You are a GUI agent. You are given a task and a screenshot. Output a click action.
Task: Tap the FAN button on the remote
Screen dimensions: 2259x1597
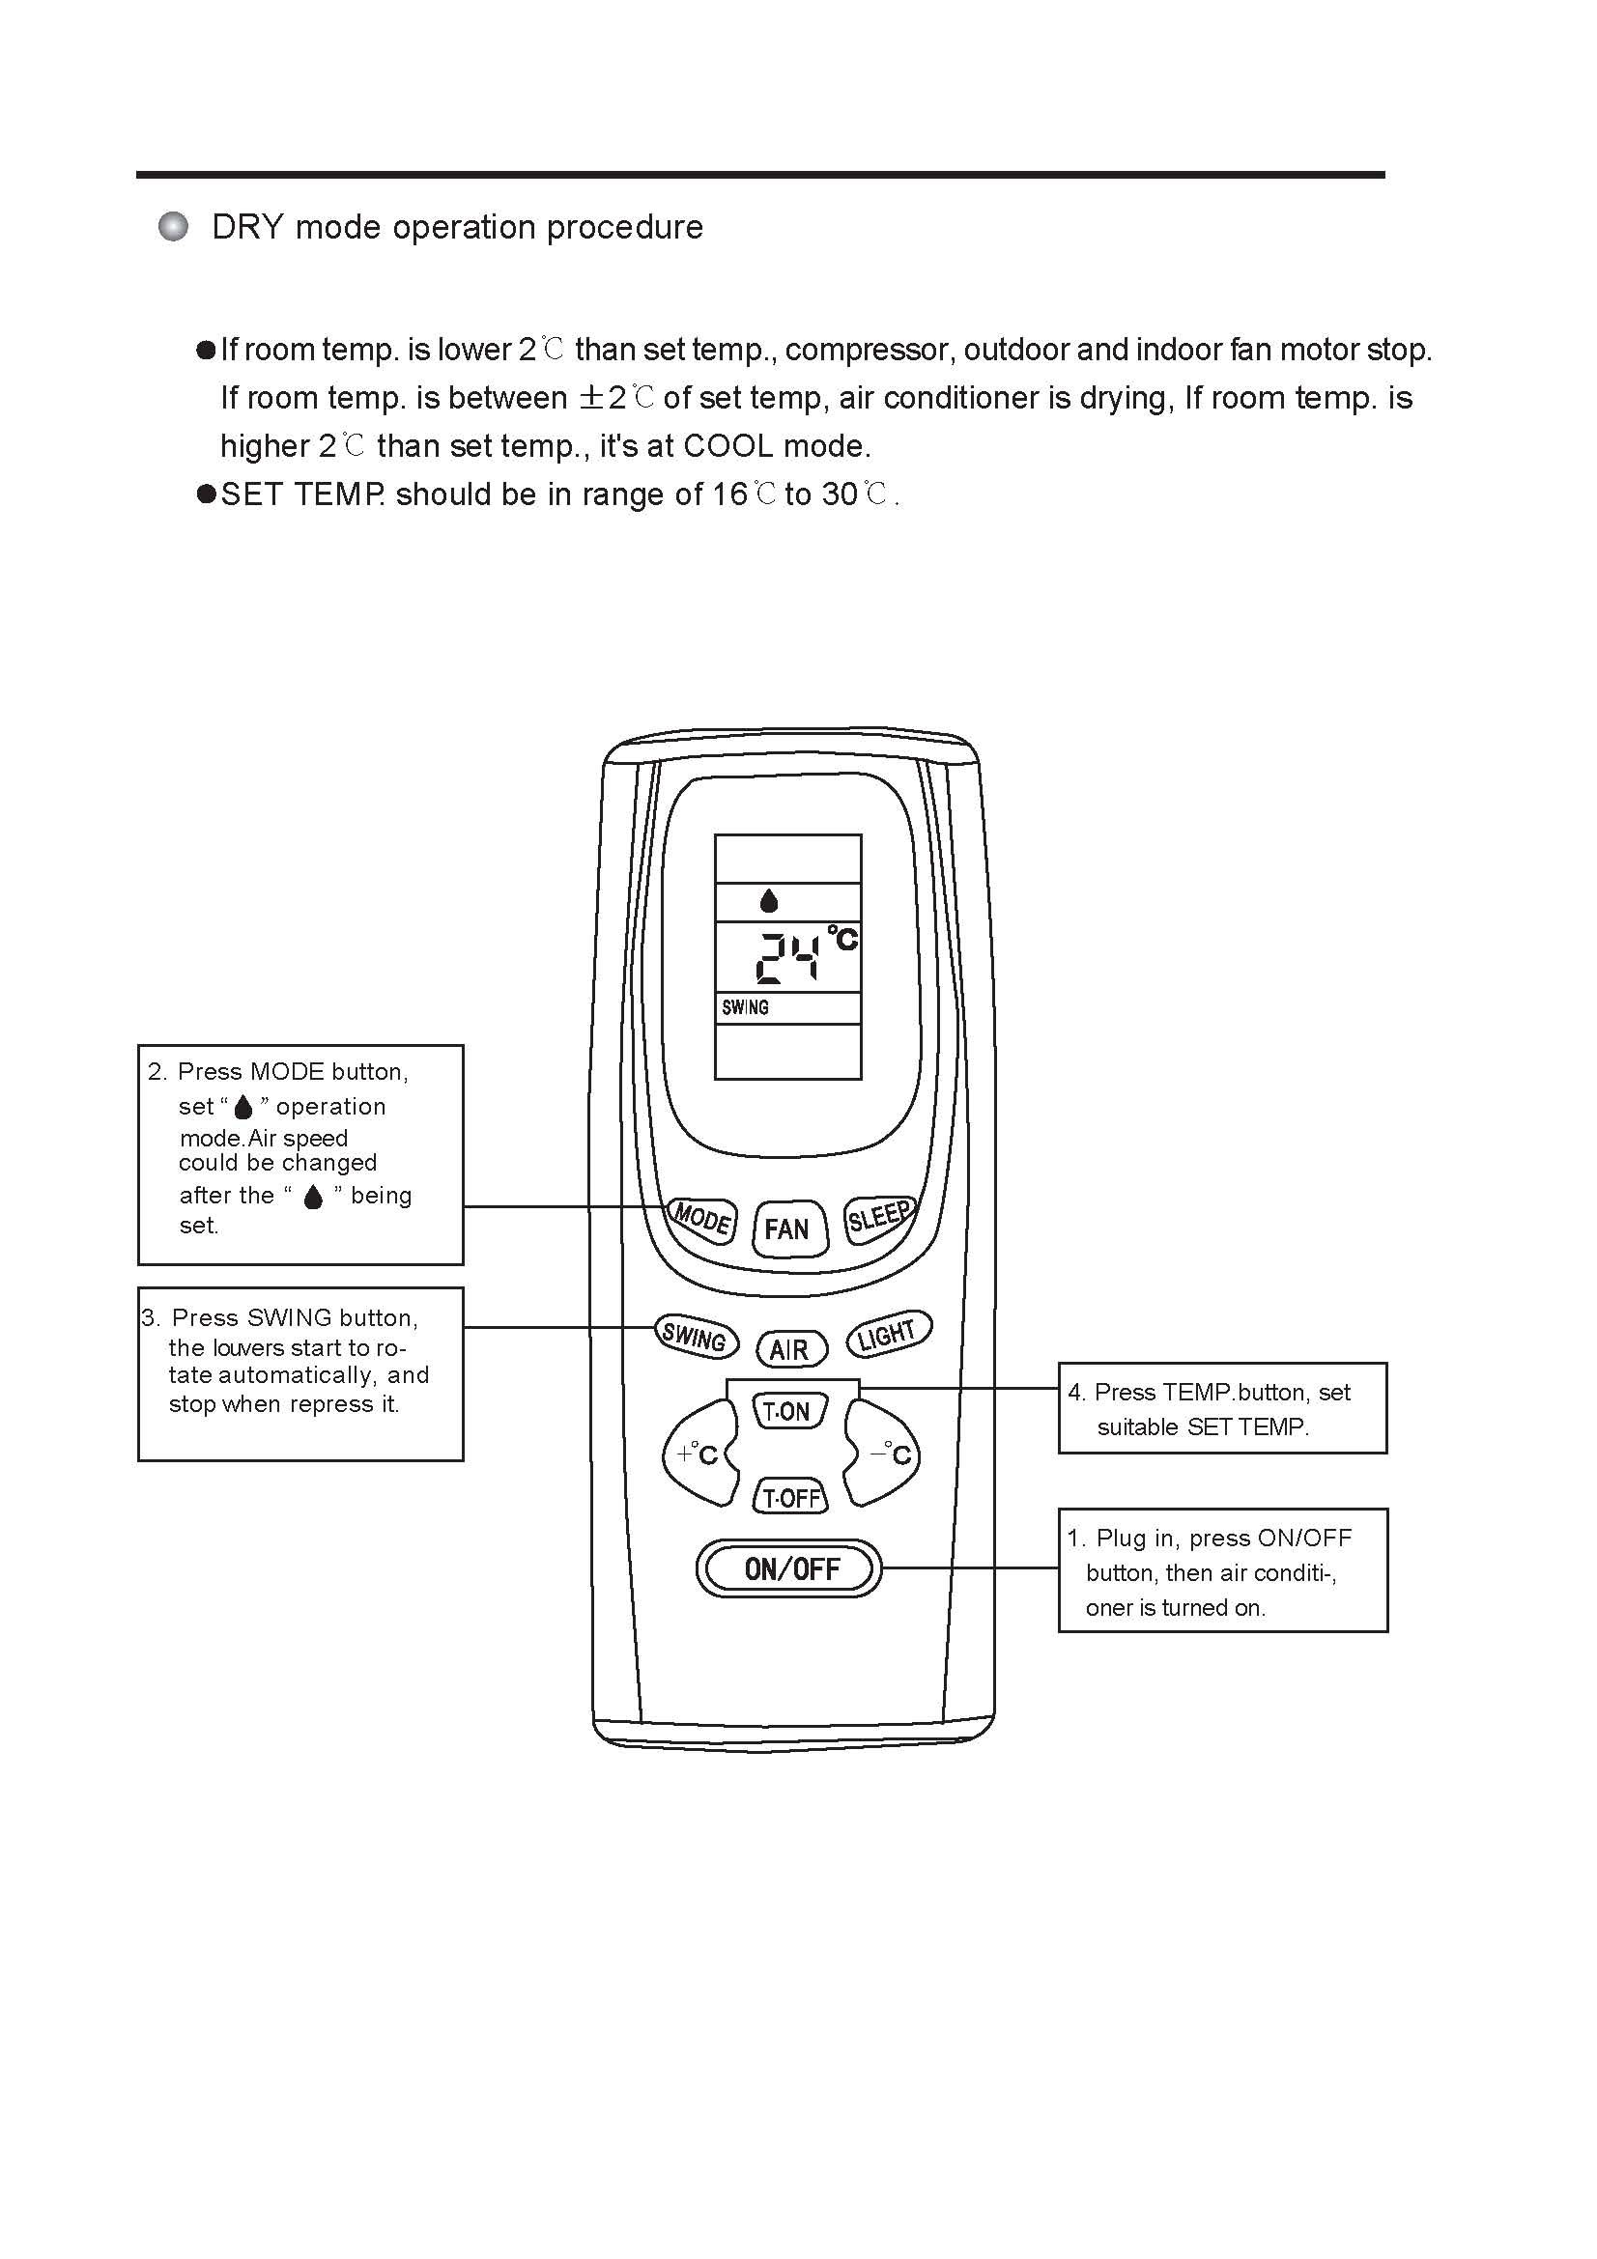(x=789, y=1228)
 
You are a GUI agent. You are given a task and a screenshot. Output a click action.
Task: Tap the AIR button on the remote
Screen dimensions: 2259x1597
(x=790, y=1349)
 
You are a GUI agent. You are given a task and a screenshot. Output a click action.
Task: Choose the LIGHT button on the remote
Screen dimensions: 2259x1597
(x=888, y=1334)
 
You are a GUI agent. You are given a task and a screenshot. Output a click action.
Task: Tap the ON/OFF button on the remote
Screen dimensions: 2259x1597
(x=790, y=1568)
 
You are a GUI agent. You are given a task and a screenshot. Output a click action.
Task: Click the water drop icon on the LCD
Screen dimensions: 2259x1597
(x=768, y=900)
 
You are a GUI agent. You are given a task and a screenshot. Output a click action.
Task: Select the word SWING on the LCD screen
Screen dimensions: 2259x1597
(x=745, y=1007)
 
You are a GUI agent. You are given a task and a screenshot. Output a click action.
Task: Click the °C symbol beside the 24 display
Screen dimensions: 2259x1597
(x=843, y=938)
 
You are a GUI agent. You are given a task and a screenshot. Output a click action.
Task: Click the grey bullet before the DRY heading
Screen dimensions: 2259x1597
(x=173, y=227)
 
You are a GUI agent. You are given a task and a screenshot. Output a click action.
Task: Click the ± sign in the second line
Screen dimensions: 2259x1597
(x=590, y=398)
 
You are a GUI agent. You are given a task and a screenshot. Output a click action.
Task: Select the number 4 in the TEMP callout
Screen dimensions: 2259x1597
(x=1074, y=1393)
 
